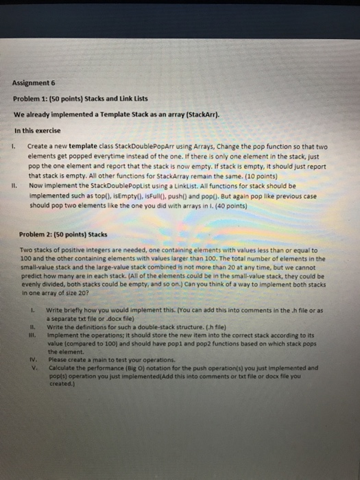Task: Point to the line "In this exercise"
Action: pyautogui.click(x=36, y=130)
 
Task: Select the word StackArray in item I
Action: pyautogui.click(x=140, y=177)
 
